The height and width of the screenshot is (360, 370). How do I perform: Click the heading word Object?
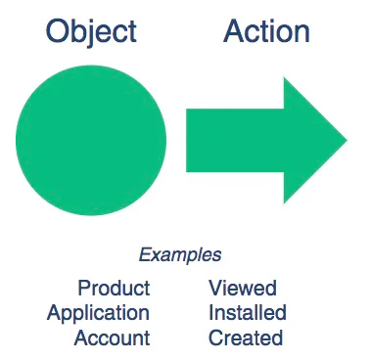point(91,31)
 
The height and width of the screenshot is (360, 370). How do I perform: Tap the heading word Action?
point(266,31)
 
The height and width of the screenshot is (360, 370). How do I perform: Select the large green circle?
point(91,139)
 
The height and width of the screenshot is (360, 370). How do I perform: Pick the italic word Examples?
point(179,255)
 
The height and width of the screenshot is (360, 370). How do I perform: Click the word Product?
point(114,288)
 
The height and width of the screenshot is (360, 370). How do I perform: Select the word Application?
point(98,313)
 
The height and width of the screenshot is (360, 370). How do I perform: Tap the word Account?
point(113,338)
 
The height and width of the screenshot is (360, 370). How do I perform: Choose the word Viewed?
point(242,288)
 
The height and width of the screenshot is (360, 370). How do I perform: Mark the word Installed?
point(247,313)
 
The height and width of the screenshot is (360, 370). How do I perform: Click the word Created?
point(245,338)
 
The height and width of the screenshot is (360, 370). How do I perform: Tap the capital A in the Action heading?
point(235,31)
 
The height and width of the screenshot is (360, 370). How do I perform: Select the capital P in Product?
point(83,288)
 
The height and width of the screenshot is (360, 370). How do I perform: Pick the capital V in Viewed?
point(215,288)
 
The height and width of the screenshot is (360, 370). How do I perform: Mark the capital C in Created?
point(215,338)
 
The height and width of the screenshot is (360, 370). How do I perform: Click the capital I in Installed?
point(210,313)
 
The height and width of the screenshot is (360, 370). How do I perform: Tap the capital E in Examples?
point(144,255)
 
